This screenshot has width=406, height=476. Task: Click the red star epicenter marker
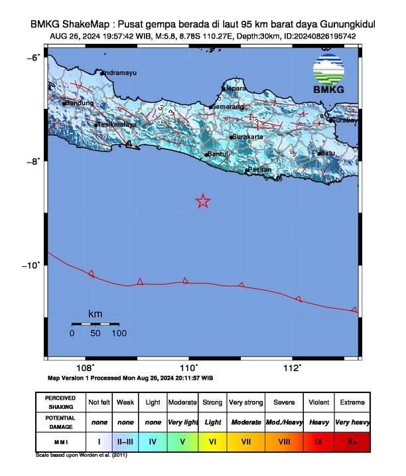[x=203, y=201]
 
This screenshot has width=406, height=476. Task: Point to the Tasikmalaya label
[x=117, y=124]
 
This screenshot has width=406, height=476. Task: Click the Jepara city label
[x=236, y=88]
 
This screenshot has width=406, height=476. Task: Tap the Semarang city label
[x=228, y=106]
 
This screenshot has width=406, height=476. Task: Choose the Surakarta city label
[x=248, y=137]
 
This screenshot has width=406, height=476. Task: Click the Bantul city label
[x=218, y=154]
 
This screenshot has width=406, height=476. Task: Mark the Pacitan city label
[x=259, y=170]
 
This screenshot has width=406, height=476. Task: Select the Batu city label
[x=327, y=153]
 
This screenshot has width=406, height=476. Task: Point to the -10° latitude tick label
[x=33, y=266]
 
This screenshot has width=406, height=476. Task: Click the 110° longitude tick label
[x=188, y=368]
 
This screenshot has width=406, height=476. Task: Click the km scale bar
[x=96, y=324]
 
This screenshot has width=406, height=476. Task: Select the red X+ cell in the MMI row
[x=351, y=440]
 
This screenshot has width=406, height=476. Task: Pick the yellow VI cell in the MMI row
[x=213, y=440]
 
